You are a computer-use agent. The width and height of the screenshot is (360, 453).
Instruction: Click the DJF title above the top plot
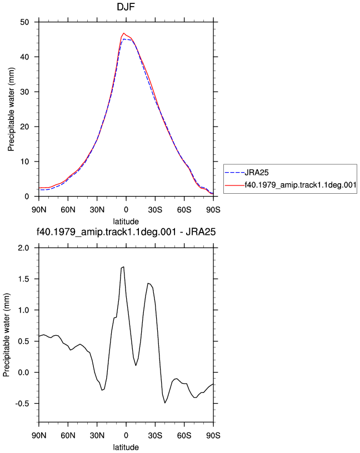126,7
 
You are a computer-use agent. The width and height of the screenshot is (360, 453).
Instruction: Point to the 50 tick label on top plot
24,22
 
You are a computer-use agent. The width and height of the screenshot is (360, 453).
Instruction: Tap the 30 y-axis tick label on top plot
24,92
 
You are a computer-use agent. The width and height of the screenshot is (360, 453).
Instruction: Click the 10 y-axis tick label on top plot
24,162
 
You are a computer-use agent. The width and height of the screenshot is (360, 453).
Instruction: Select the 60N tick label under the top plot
68,210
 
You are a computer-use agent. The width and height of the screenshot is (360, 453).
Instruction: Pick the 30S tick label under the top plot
155,210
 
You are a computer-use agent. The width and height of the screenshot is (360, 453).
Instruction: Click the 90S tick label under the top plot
213,210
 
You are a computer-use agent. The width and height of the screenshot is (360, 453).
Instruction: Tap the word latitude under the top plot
126,222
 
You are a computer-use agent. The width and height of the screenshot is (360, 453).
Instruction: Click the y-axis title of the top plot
11,109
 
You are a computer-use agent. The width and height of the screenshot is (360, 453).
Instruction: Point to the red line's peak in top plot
124,33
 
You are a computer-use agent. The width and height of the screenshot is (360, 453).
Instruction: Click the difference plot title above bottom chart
126,231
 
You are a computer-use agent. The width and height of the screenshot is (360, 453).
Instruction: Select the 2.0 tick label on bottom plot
24,248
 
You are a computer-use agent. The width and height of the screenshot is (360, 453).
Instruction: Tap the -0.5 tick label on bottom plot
22,404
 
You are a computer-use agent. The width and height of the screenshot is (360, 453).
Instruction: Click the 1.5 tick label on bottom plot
24,279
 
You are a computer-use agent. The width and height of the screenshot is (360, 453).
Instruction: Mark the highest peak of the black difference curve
124,266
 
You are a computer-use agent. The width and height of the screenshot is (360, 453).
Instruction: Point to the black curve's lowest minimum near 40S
165,402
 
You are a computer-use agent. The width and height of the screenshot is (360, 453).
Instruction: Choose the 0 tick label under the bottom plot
126,435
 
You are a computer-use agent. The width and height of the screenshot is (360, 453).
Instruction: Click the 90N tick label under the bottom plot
39,435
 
